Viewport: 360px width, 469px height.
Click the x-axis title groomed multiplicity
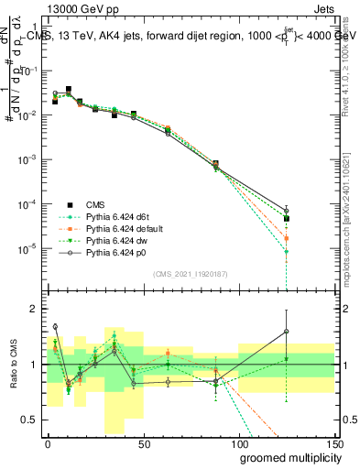tap(286, 457)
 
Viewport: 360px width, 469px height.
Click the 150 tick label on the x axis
tap(334, 444)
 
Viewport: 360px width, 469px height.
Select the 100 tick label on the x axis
tap(238, 444)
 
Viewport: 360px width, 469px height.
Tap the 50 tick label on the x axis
tap(143, 444)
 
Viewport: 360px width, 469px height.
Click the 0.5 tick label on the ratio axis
tap(27, 420)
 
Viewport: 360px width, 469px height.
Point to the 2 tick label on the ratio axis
tap(33, 309)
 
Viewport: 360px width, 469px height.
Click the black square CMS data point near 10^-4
tap(287, 219)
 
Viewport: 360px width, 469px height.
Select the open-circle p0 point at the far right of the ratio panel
tap(287, 332)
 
